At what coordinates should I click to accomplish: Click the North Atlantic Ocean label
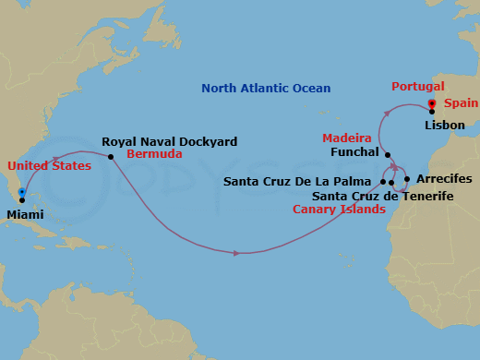tap(267, 89)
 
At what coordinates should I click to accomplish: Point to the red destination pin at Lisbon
tap(432, 104)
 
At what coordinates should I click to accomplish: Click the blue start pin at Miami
tap(21, 194)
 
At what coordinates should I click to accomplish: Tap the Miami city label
tap(24, 214)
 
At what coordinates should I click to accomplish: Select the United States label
tap(49, 166)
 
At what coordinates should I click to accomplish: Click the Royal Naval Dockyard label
tap(169, 142)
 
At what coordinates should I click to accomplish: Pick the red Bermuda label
tap(154, 153)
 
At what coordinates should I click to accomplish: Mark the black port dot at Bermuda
tap(111, 156)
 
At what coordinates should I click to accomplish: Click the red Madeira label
tap(346, 138)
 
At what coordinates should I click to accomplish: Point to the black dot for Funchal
tap(388, 155)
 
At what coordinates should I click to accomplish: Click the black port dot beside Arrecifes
tap(407, 179)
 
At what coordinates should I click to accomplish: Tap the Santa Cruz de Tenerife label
tap(382, 196)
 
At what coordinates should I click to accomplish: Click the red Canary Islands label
tap(339, 210)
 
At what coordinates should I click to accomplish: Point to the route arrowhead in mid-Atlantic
tap(238, 253)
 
